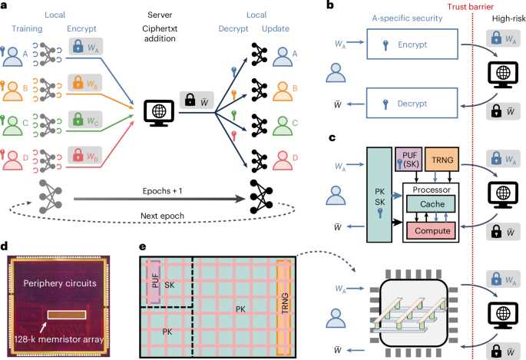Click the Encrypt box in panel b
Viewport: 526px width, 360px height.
412,44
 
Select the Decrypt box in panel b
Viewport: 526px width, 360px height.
412,103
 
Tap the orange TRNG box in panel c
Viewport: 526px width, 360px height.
442,160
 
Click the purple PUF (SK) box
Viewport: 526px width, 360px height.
409,160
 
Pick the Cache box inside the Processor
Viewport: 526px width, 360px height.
431,204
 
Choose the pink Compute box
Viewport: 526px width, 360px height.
431,230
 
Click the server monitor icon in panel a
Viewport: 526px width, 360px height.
159,113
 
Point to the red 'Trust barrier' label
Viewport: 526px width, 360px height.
470,6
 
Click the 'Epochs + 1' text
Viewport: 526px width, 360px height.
162,191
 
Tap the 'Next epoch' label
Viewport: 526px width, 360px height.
162,216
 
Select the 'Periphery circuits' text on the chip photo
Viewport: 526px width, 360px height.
60,283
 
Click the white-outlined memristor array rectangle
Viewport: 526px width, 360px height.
67,315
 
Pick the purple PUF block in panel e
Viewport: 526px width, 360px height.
154,281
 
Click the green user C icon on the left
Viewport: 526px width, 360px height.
13,125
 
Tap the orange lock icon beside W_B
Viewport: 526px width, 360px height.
78,82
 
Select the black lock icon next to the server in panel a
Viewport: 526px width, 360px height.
190,100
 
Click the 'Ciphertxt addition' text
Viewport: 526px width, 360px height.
160,34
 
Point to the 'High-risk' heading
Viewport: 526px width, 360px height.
508,18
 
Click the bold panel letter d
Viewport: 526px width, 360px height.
4,246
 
